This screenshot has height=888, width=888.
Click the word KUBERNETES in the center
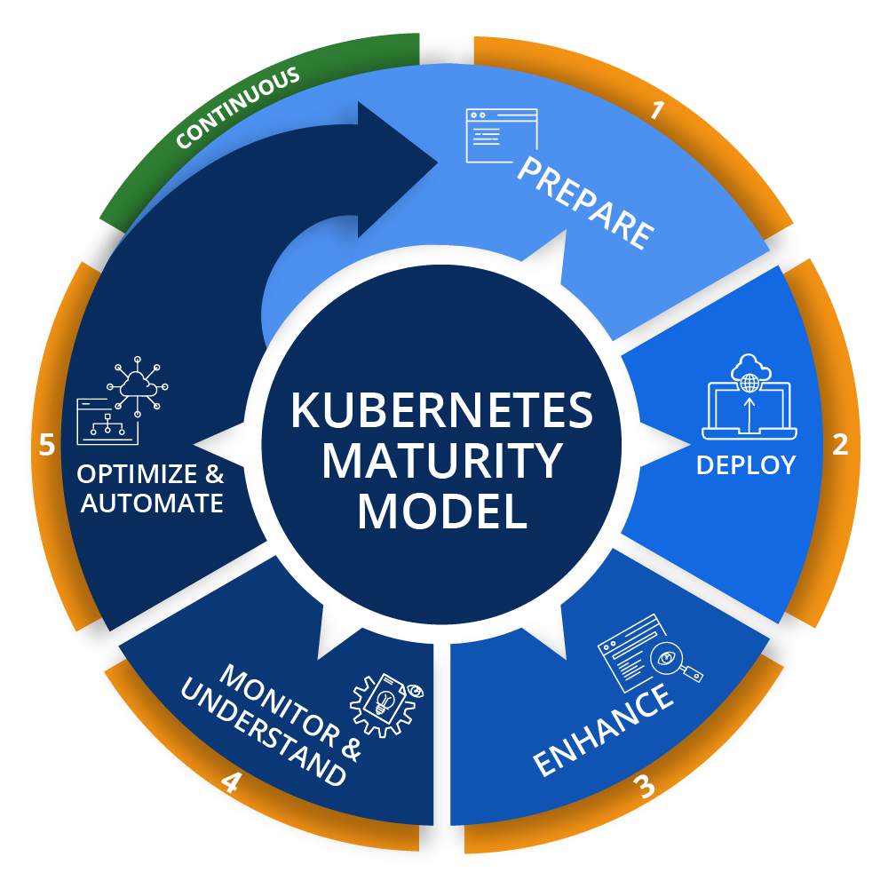[441, 409]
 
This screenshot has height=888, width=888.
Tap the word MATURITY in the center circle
[441, 460]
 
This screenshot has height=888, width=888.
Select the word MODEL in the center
[441, 511]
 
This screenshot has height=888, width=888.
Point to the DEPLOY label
[746, 464]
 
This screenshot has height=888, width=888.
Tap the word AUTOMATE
[152, 503]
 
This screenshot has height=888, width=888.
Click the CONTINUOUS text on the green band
[237, 109]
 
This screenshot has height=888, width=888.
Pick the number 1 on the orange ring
[657, 110]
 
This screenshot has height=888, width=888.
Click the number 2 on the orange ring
[840, 444]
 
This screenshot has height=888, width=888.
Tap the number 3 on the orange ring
[646, 787]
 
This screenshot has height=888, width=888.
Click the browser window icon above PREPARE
[502, 135]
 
